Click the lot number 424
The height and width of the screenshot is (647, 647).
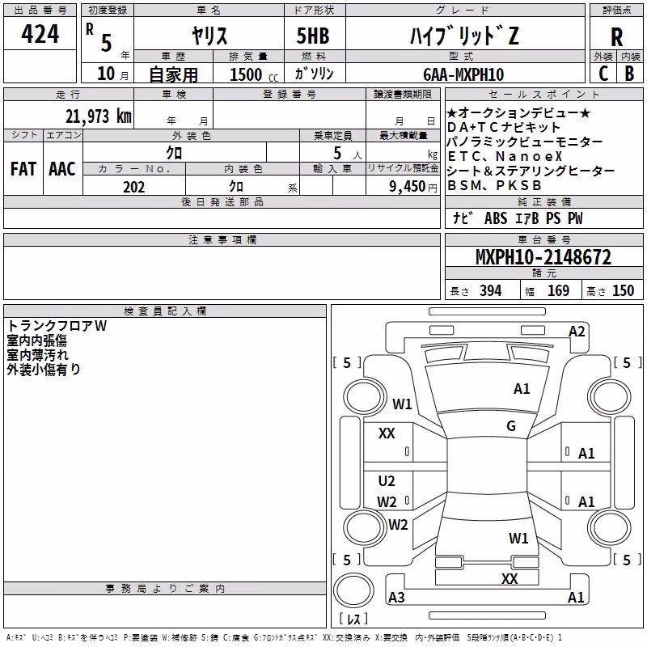click(x=40, y=34)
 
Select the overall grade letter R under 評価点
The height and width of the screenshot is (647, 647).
click(x=616, y=37)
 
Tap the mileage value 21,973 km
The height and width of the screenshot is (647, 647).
click(x=98, y=116)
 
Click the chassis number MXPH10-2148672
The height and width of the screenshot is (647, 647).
click(x=543, y=257)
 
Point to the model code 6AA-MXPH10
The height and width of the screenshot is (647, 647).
click(x=463, y=74)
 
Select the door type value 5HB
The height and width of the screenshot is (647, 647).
click(x=313, y=36)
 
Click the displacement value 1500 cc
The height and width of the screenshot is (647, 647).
click(x=254, y=74)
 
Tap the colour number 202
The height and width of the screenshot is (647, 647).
click(x=133, y=187)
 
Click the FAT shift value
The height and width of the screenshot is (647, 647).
click(x=23, y=169)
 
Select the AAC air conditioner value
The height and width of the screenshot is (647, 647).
click(x=62, y=169)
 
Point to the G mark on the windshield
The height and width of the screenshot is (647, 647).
click(x=511, y=426)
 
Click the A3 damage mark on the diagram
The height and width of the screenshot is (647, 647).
click(x=396, y=597)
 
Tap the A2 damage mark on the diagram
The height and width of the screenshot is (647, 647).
click(x=577, y=332)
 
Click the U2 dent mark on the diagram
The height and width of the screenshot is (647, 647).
click(x=387, y=480)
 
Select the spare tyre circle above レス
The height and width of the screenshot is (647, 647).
click(x=353, y=590)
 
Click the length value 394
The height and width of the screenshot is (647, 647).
click(x=491, y=291)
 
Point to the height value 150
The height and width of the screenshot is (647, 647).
click(x=623, y=291)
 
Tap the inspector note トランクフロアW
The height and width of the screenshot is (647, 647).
click(x=57, y=326)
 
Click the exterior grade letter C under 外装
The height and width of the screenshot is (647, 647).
click(x=603, y=74)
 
